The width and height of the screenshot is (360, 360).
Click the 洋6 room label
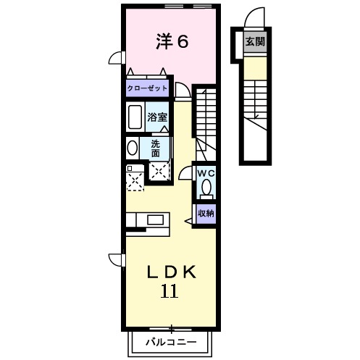click(172, 41)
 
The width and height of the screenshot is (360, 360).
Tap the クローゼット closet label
click(147, 88)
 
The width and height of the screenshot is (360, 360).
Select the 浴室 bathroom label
click(158, 116)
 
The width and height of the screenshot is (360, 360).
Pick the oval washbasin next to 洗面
click(132, 148)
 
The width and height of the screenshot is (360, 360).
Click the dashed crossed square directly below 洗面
click(159, 171)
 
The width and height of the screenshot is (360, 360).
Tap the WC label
click(206, 173)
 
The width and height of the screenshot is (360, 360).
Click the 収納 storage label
click(206, 213)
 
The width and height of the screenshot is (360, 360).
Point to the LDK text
click(172, 272)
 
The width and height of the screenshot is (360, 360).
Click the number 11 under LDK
click(169, 292)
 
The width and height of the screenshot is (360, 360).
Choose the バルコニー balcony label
click(171, 340)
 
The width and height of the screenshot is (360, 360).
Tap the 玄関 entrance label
click(254, 42)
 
